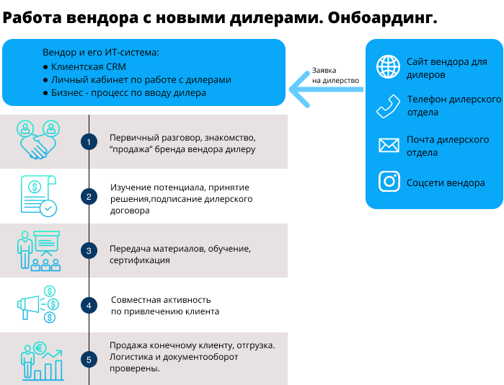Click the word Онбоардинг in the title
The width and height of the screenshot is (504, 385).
pyautogui.click(x=382, y=18)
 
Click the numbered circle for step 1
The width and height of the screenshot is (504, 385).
pyautogui.click(x=89, y=142)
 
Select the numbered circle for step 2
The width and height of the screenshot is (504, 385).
pyautogui.click(x=89, y=196)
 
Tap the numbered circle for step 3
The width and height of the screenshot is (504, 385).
pyautogui.click(x=89, y=251)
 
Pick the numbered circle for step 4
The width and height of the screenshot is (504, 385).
pyautogui.click(x=89, y=305)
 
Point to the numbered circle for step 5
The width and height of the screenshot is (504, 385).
pyautogui.click(x=89, y=360)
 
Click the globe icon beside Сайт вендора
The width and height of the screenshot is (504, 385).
pyautogui.click(x=389, y=67)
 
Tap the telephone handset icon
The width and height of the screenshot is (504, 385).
pyautogui.click(x=389, y=107)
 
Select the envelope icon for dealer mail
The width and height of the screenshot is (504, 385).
pyautogui.click(x=389, y=145)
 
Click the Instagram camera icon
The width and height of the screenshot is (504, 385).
pyautogui.click(x=389, y=182)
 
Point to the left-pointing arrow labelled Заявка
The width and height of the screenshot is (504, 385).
pyautogui.click(x=326, y=89)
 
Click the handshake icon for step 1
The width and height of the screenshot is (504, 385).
pyautogui.click(x=38, y=139)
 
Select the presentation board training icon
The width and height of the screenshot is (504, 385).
pyautogui.click(x=39, y=251)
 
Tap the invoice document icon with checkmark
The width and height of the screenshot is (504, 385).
pyautogui.click(x=38, y=196)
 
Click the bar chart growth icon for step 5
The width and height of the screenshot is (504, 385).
pyautogui.click(x=42, y=360)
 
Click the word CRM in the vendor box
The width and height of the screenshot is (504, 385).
pyautogui.click(x=116, y=67)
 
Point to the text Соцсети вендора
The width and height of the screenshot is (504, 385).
pyautogui.click(x=446, y=183)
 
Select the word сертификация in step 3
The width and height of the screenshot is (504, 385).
pyautogui.click(x=139, y=260)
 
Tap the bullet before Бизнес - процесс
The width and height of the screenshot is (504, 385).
pyautogui.click(x=45, y=93)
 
